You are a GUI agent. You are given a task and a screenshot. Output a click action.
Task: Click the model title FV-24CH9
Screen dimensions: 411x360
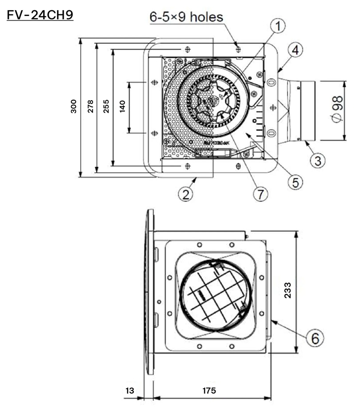coord(40,15)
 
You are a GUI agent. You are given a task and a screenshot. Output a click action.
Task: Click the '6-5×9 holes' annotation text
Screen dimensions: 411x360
coord(186,17)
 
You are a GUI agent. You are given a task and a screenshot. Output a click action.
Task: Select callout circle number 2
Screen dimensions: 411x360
coord(186,193)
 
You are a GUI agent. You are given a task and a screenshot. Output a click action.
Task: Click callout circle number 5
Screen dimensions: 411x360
coord(295,180)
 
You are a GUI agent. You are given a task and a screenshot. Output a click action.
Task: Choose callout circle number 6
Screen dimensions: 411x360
coord(314,338)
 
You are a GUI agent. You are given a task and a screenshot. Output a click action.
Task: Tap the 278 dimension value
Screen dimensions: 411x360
coord(90,106)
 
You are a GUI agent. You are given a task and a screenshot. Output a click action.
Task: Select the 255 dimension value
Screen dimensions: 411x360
coord(105,106)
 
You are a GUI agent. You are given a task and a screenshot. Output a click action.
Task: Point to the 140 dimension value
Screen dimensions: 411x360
coord(122,106)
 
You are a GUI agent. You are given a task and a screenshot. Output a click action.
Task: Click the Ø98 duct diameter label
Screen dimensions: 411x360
coord(337,109)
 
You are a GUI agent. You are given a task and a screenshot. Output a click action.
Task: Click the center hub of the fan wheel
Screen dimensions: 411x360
coord(212,102)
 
